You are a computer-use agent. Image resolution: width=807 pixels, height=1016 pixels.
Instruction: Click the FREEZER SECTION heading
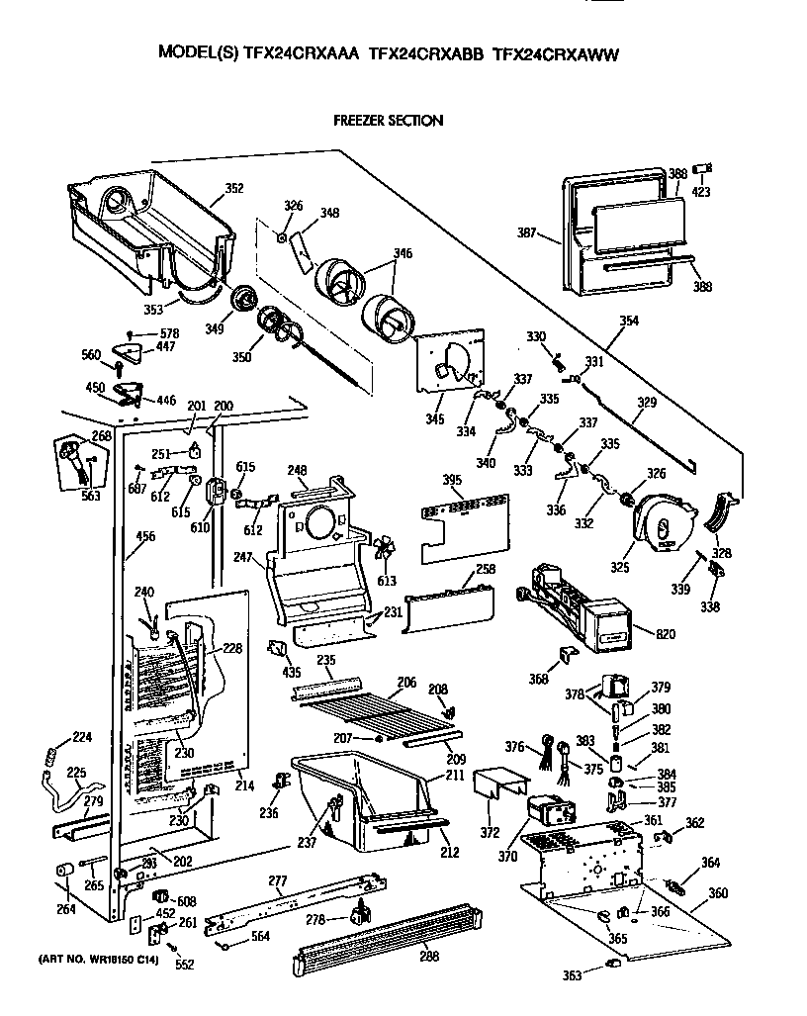click(387, 121)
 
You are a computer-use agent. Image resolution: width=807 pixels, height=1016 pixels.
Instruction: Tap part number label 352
click(234, 187)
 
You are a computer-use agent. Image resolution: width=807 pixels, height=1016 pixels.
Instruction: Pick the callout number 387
click(526, 233)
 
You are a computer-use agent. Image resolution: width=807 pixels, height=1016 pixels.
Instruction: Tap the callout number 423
click(701, 192)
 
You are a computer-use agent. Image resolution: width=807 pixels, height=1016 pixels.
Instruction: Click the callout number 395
click(452, 481)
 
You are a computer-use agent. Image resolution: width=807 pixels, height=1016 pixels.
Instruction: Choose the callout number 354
click(628, 321)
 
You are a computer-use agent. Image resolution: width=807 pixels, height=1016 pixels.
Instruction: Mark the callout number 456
click(145, 537)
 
